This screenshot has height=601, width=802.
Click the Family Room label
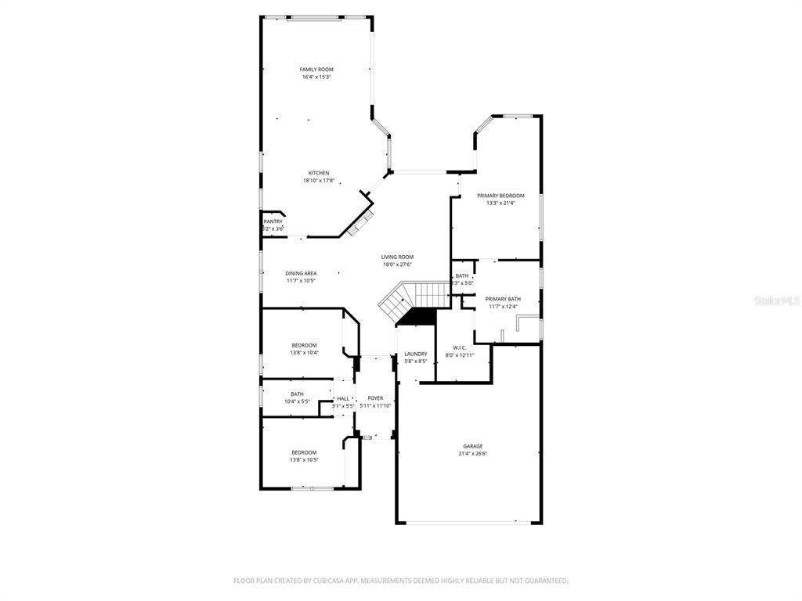(x=316, y=70)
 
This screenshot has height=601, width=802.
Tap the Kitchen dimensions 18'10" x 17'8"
(x=319, y=181)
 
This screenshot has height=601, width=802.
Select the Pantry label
(x=273, y=221)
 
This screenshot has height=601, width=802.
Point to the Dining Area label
(x=301, y=273)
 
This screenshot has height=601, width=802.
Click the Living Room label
(x=397, y=257)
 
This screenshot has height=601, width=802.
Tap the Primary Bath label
(x=503, y=299)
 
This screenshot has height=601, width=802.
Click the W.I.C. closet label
(x=461, y=347)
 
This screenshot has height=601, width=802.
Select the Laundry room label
(x=415, y=354)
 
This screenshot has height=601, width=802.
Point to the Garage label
(x=472, y=446)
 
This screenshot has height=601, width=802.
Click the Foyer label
(x=375, y=398)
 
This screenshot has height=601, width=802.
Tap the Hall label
(x=343, y=398)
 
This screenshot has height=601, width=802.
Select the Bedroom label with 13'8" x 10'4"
(x=304, y=345)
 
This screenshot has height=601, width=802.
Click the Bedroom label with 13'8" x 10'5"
(x=304, y=452)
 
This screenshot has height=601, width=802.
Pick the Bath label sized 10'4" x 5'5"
(x=297, y=394)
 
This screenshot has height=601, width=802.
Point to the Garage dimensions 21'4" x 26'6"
(x=472, y=454)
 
